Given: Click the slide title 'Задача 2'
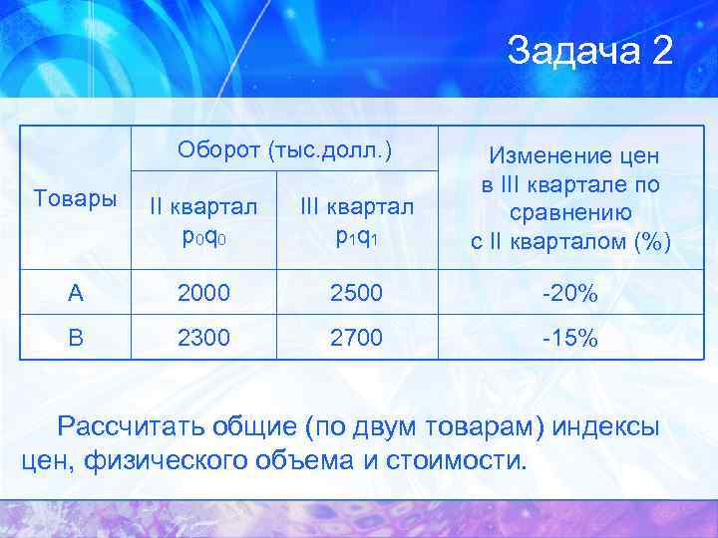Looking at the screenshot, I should [x=589, y=51].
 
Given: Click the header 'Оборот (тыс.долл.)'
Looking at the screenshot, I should [x=284, y=149].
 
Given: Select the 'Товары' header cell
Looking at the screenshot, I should [x=74, y=197].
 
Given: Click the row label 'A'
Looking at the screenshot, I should [x=74, y=293].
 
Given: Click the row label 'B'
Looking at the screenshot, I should [x=74, y=338].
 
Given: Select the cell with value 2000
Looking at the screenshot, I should [x=202, y=293].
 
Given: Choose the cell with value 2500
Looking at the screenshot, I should [x=355, y=293].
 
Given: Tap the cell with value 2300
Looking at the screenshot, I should [x=202, y=338].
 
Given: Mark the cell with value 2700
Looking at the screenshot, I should [x=355, y=338].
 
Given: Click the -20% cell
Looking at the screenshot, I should [x=570, y=293].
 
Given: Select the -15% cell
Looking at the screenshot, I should [x=570, y=338].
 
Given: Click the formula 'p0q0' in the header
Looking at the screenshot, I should [x=202, y=239].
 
